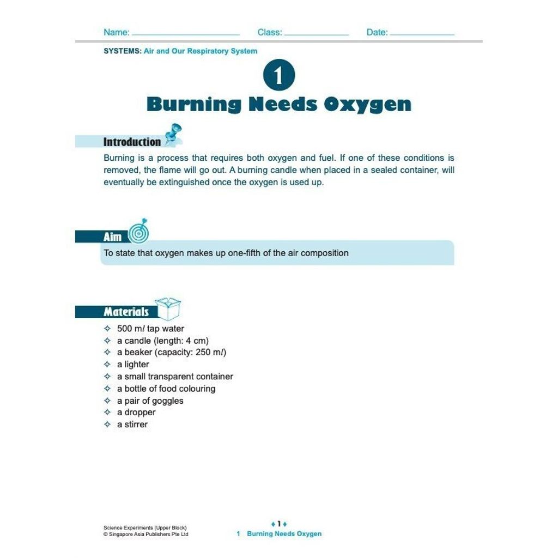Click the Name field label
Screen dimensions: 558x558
[116, 33]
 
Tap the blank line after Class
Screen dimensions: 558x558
[317, 34]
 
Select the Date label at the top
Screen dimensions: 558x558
[377, 33]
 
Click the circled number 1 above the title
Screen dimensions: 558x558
[278, 76]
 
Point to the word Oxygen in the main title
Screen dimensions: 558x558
[367, 104]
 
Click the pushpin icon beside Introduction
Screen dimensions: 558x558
[173, 134]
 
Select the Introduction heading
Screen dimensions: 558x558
[132, 142]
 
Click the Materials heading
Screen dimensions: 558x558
[126, 312]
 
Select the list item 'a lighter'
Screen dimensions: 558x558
[133, 365]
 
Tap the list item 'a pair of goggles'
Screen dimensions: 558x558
[150, 401]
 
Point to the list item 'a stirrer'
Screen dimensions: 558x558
[132, 424]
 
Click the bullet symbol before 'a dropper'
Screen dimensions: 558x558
[107, 413]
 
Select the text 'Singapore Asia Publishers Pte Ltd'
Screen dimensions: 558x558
[148, 535]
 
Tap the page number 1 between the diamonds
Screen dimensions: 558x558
[278, 524]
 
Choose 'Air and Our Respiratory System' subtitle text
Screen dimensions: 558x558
[201, 51]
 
